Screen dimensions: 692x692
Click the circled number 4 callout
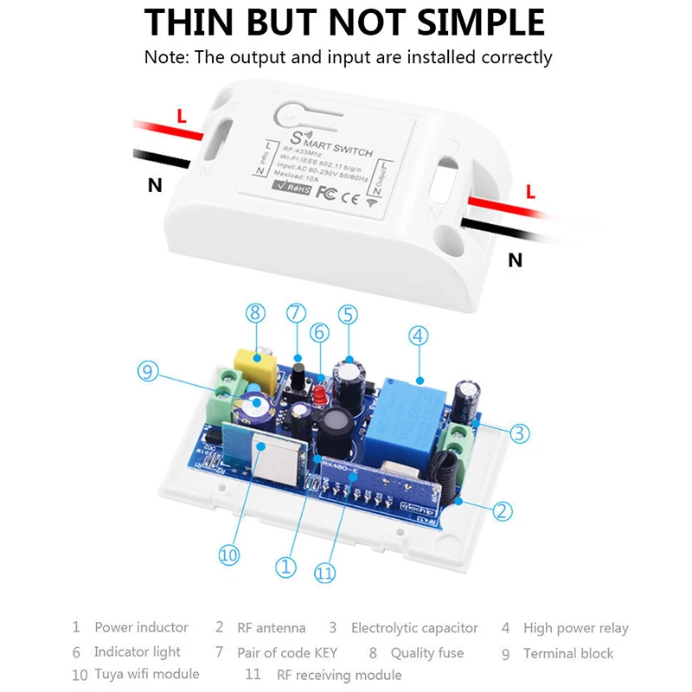click(x=419, y=336)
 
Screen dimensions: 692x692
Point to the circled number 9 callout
click(x=149, y=372)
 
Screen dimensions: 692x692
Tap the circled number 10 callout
click(x=228, y=554)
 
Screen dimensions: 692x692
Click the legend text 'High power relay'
click(x=576, y=628)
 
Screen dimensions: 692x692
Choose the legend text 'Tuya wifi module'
click(x=147, y=674)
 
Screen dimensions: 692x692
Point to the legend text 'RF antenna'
click(x=271, y=628)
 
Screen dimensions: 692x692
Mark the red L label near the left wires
click(x=181, y=114)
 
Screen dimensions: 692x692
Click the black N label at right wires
click(x=515, y=259)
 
